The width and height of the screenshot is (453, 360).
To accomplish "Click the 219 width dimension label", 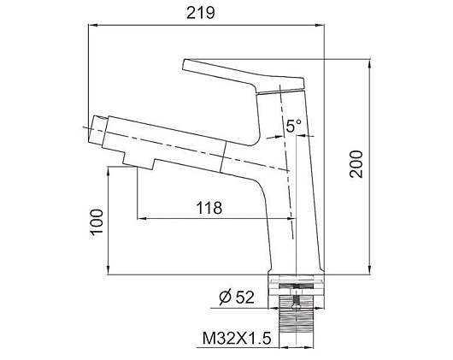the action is pos(201,13).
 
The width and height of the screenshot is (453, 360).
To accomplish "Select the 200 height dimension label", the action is pos(356,164).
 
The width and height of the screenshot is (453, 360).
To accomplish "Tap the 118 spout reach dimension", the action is pos(209,208).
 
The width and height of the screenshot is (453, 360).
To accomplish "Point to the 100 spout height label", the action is pos(97,222).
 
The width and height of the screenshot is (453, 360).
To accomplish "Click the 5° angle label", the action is pos(293,126).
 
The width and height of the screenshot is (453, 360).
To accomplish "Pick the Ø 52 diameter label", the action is pos(236,297).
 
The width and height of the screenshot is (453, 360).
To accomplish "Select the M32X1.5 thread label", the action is pos(237,338).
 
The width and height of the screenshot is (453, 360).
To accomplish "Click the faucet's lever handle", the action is pos(244,76).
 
